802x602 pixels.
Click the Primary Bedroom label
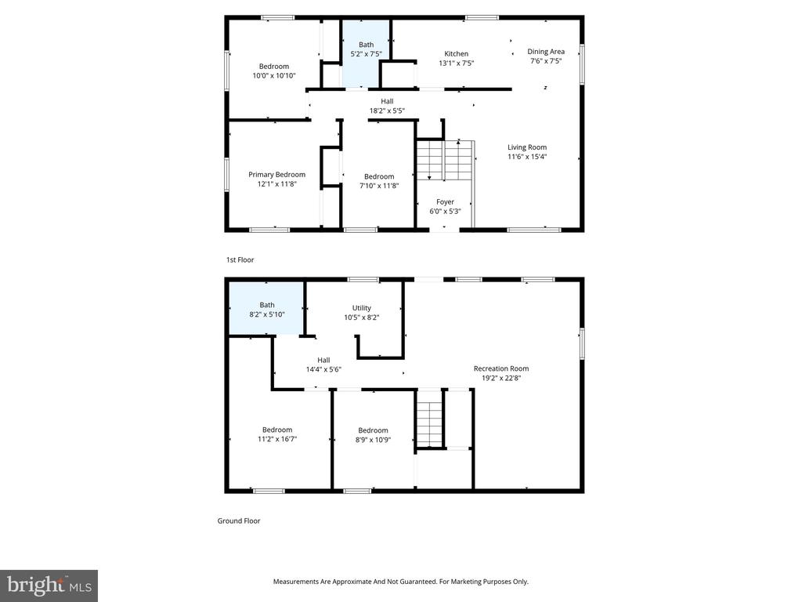click(276, 174)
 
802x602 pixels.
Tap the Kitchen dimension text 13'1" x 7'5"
click(456, 63)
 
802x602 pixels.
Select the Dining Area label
click(546, 52)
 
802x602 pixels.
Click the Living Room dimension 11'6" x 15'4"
click(527, 157)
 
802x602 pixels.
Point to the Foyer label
click(445, 201)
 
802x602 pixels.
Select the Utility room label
click(361, 307)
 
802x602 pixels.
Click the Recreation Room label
click(501, 368)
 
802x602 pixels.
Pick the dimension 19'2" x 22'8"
click(501, 378)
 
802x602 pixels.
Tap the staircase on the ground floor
click(429, 419)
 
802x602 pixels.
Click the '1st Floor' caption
click(240, 259)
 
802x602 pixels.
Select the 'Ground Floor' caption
click(239, 520)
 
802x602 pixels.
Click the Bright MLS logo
click(49, 586)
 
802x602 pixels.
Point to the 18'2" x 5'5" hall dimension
click(387, 111)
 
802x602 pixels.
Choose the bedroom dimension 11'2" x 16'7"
click(277, 440)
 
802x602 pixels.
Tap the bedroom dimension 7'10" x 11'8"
click(379, 186)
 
